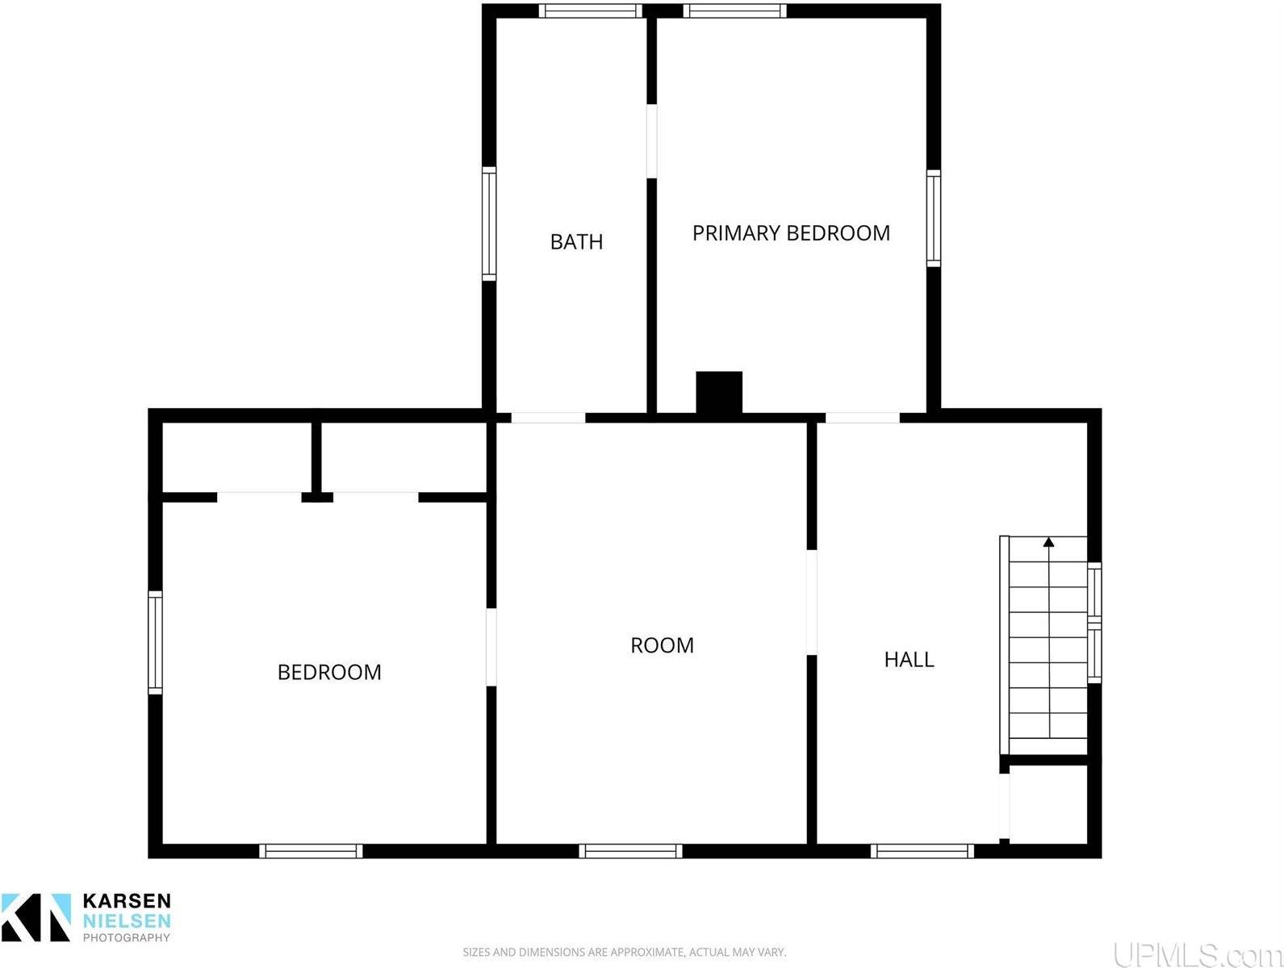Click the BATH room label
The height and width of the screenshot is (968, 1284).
coord(576,242)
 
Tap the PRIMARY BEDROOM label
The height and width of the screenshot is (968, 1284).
coord(791,233)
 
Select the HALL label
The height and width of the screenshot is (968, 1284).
coord(909,660)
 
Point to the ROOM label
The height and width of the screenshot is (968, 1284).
coord(662,645)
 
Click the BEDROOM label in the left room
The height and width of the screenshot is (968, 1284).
coord(329,672)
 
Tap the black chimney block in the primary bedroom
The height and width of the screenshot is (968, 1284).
coord(719,393)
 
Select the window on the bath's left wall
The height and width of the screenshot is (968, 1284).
coord(489,223)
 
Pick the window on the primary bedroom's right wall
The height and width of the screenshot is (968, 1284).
coord(934,218)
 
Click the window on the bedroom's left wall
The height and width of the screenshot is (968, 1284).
coord(155,642)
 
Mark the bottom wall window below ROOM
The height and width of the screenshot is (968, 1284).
coord(630,851)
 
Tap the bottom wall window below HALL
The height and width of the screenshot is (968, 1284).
coord(922,851)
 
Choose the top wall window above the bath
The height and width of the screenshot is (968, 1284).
coord(591,10)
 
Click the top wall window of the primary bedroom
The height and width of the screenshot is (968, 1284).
coord(734,10)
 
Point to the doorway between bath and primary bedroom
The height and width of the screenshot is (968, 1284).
coord(651,141)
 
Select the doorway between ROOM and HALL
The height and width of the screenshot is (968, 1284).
coord(812,603)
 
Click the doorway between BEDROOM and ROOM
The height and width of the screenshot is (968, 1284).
coord(491,647)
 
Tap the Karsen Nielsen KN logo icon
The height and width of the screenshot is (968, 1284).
coord(36,917)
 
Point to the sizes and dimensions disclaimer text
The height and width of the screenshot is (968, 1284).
coord(624,953)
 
